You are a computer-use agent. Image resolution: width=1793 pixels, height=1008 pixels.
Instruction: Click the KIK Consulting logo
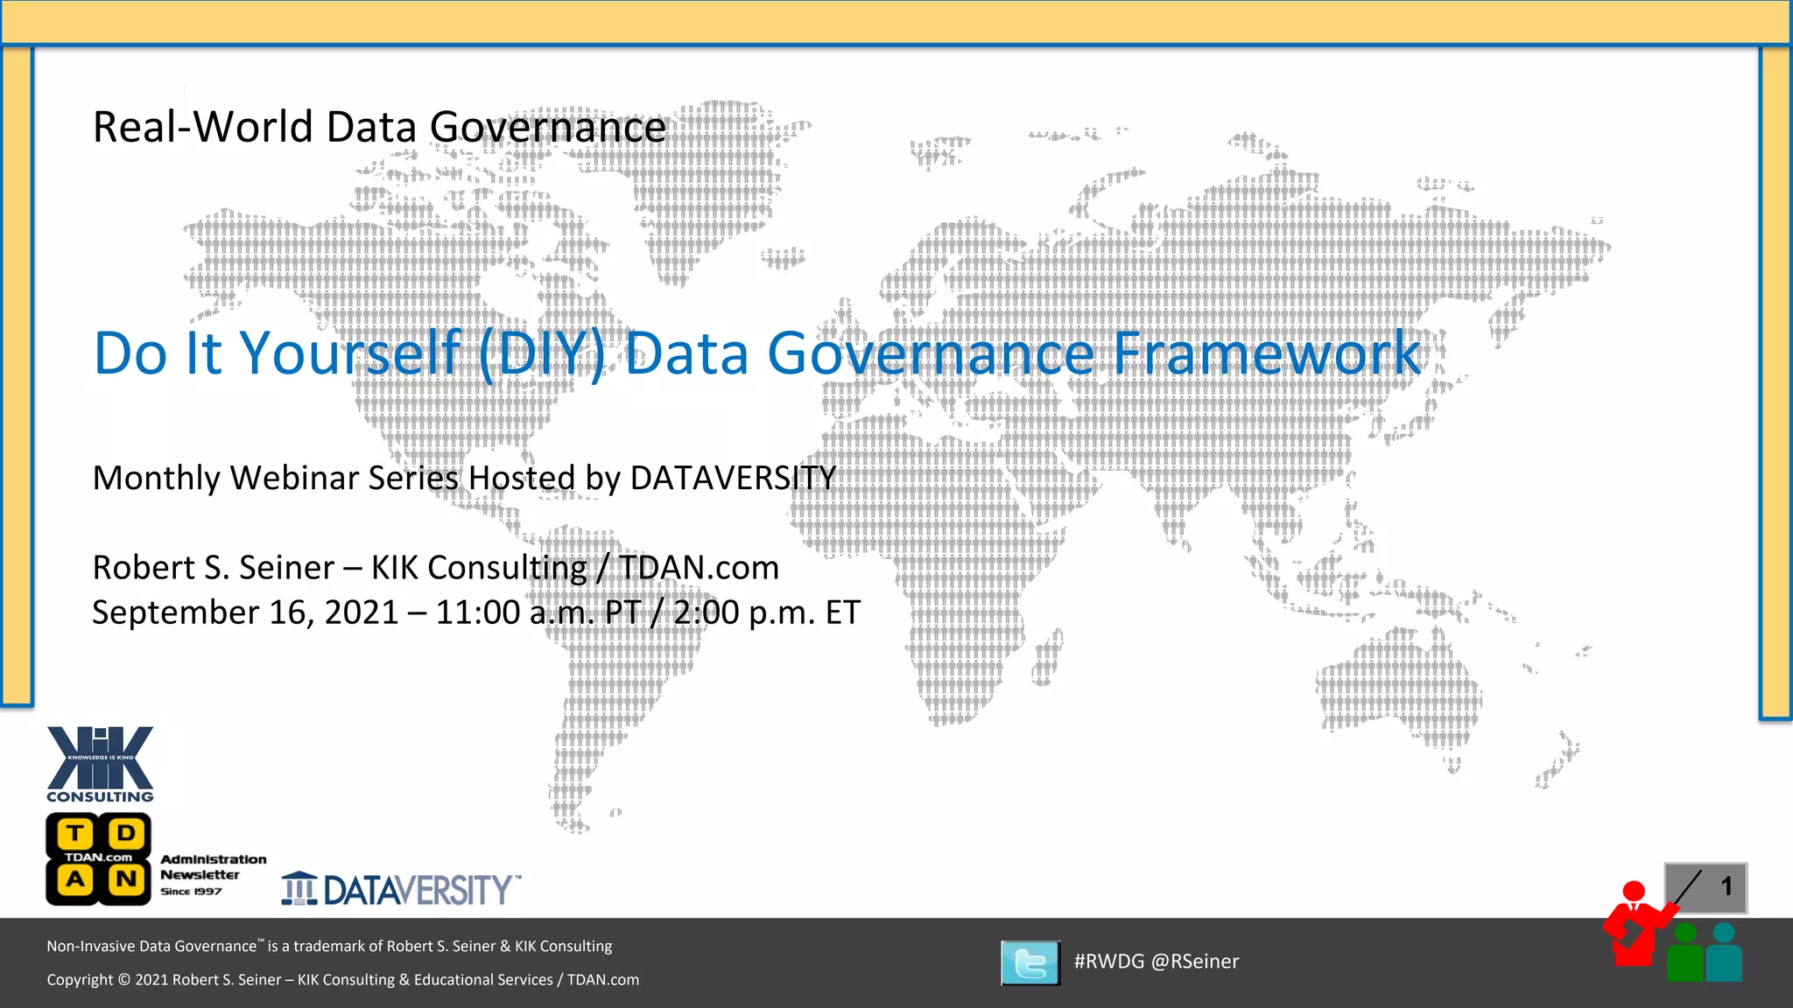point(100,764)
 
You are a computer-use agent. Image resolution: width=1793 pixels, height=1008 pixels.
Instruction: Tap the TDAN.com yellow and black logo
point(98,858)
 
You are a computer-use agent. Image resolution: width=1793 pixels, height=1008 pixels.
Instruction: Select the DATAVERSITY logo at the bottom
point(401,889)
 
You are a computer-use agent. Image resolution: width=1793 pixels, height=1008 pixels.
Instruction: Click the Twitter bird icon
point(1030,962)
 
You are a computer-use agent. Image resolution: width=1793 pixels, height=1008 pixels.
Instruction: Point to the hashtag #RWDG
point(1108,962)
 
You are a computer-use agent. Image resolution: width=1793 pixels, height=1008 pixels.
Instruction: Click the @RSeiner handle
point(1195,962)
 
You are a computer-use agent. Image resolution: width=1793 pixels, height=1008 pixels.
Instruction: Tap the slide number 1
point(1726,886)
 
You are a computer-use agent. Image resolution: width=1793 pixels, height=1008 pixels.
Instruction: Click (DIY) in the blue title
point(542,353)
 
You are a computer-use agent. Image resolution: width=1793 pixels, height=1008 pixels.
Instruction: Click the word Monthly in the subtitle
point(156,479)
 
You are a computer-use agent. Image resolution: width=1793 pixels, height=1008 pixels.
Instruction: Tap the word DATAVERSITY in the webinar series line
point(733,479)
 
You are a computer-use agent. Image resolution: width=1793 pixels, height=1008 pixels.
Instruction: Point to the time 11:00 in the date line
point(477,612)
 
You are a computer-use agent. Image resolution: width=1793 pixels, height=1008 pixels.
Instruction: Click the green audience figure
point(1684,953)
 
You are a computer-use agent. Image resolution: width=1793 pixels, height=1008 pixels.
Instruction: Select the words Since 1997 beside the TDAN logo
point(191,892)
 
